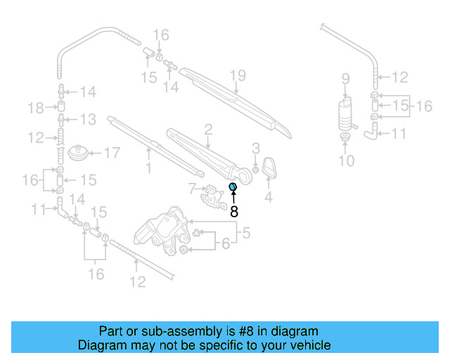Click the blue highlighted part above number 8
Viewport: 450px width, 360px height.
[233, 186]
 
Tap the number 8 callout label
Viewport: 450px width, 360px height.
[234, 210]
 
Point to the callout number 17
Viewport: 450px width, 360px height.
[113, 152]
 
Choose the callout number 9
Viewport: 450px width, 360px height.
[345, 77]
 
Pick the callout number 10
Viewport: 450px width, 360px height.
[346, 161]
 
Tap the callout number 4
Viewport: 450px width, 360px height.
[269, 198]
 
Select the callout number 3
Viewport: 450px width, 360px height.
[256, 148]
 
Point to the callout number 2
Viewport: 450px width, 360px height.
[208, 129]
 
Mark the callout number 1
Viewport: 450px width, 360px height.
[148, 167]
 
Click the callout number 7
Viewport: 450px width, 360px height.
[191, 188]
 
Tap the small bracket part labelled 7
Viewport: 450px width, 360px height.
[212, 196]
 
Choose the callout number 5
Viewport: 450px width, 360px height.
[247, 231]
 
